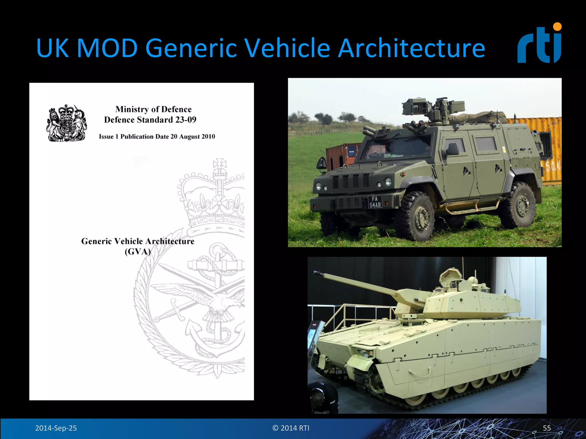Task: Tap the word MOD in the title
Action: click(107, 48)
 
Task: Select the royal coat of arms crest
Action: click(67, 123)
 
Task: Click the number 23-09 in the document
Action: click(186, 120)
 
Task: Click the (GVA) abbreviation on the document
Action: click(138, 252)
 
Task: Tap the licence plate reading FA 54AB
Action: click(375, 202)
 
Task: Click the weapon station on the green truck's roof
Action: click(432, 110)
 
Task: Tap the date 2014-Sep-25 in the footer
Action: click(56, 428)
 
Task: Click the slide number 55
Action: click(547, 428)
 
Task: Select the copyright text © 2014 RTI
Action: click(291, 428)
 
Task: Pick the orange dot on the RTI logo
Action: click(557, 27)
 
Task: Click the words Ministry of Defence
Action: click(153, 109)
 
